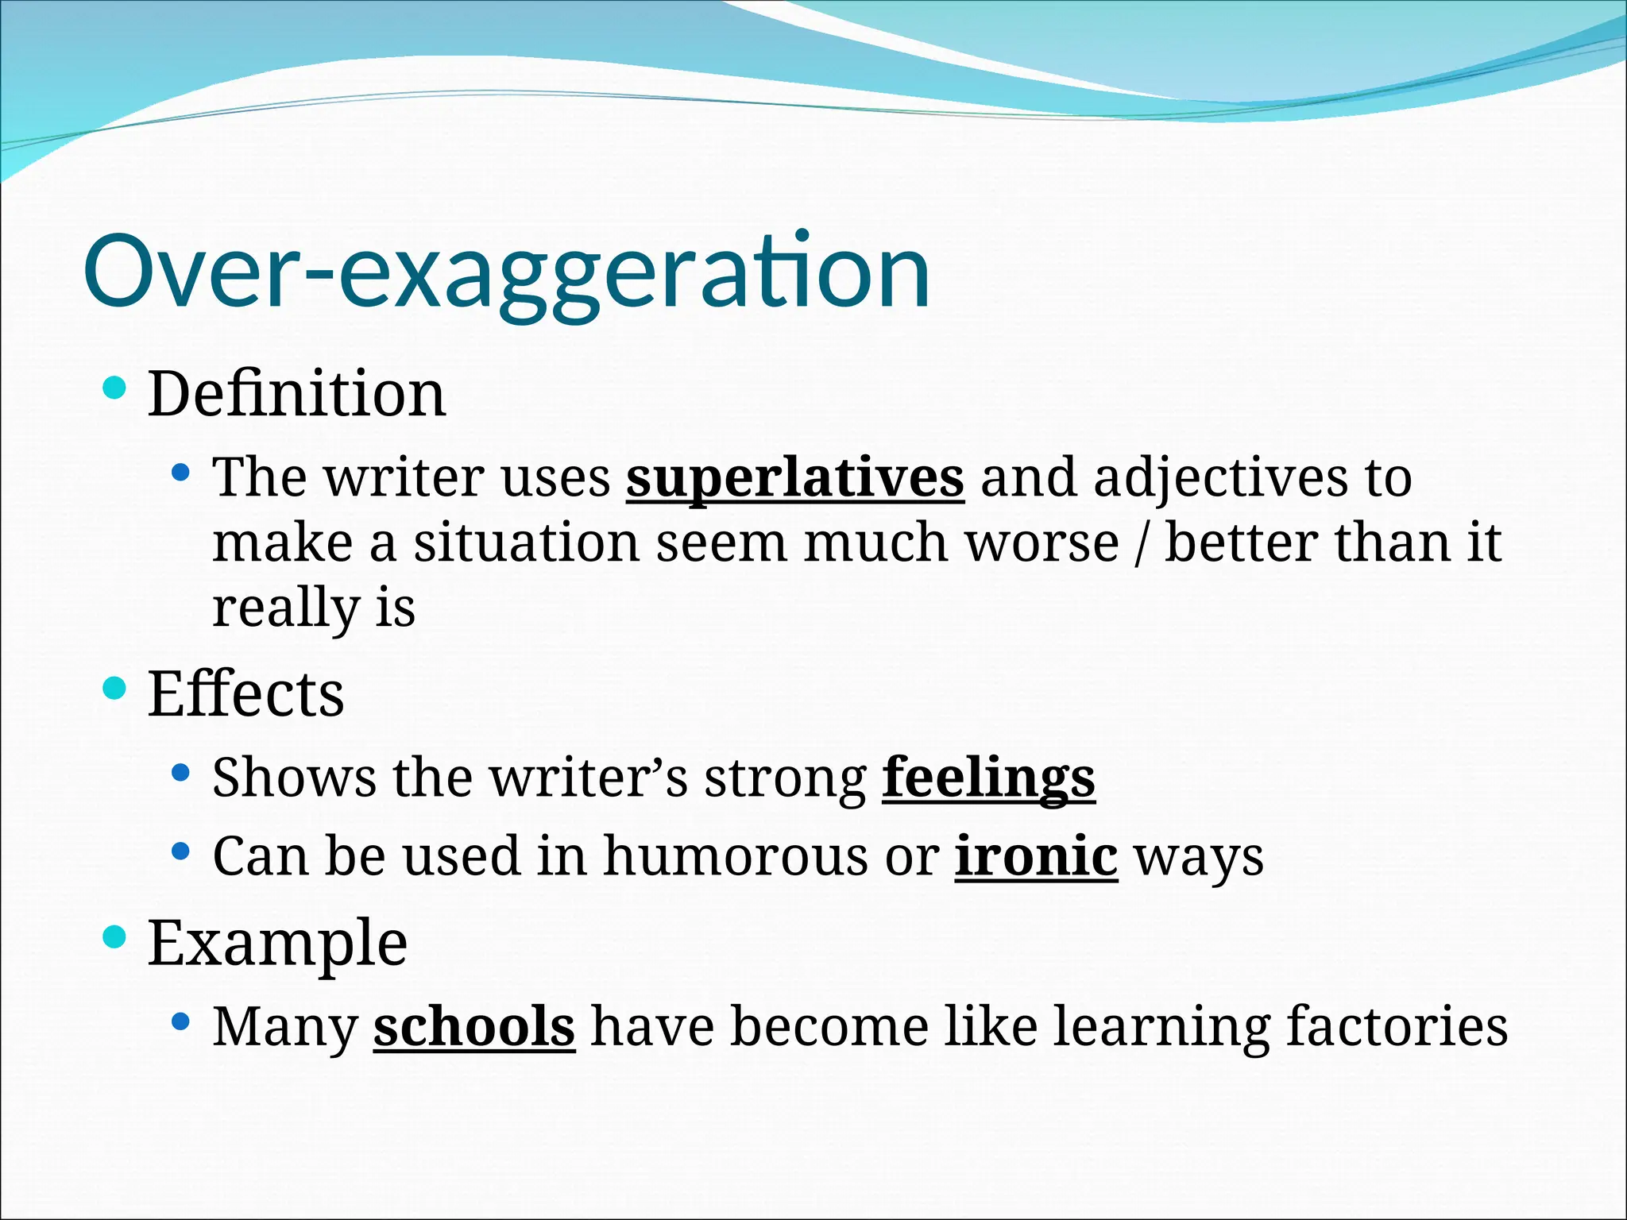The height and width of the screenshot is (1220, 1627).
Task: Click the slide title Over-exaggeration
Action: [506, 272]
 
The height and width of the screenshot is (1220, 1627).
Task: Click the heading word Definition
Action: [296, 394]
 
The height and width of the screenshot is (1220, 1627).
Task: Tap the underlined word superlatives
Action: [794, 478]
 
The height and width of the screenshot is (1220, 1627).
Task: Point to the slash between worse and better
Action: [1142, 543]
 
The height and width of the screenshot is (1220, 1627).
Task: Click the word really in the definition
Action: [286, 608]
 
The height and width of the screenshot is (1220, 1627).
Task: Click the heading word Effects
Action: [245, 694]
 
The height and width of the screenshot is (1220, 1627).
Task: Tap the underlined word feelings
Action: [988, 777]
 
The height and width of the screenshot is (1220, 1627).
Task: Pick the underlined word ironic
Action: [1036, 856]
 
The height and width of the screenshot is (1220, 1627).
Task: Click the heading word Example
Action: [277, 944]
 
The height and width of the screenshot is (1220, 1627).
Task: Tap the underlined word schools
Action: [473, 1027]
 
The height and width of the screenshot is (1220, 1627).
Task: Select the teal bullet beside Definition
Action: [115, 388]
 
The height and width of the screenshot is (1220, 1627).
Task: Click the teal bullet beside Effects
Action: [115, 688]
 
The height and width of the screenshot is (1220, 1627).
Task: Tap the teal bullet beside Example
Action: [115, 938]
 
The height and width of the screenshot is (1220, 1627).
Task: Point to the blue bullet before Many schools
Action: [181, 1021]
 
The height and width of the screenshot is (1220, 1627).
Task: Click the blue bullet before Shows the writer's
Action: [181, 772]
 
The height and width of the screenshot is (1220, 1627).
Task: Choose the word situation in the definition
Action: [526, 543]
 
